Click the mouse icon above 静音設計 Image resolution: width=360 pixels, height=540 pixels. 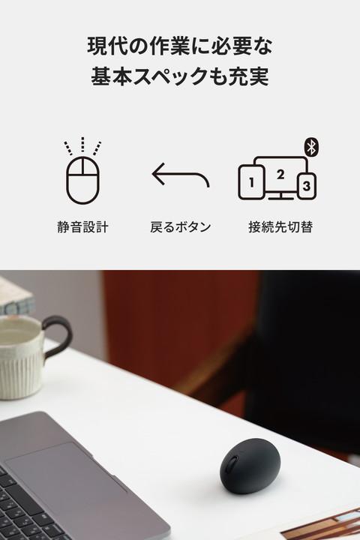coord(82,180)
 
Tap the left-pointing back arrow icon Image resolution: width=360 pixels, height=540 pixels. coord(180,174)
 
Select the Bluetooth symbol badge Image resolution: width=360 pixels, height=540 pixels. coord(312,147)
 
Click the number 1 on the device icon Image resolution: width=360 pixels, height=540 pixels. coord(251,182)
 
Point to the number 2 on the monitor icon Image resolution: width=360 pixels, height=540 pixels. coord(280,175)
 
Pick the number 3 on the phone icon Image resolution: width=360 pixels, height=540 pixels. coord(307,186)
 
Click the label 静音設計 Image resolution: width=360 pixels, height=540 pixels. coord(82,227)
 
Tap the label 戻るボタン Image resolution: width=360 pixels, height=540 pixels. coord(181,227)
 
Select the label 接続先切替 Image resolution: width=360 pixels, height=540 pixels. coord(280,227)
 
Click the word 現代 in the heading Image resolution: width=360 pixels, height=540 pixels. coord(103,46)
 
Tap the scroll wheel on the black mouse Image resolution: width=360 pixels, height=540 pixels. coord(233,464)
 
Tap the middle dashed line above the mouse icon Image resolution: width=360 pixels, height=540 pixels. coord(82,144)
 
